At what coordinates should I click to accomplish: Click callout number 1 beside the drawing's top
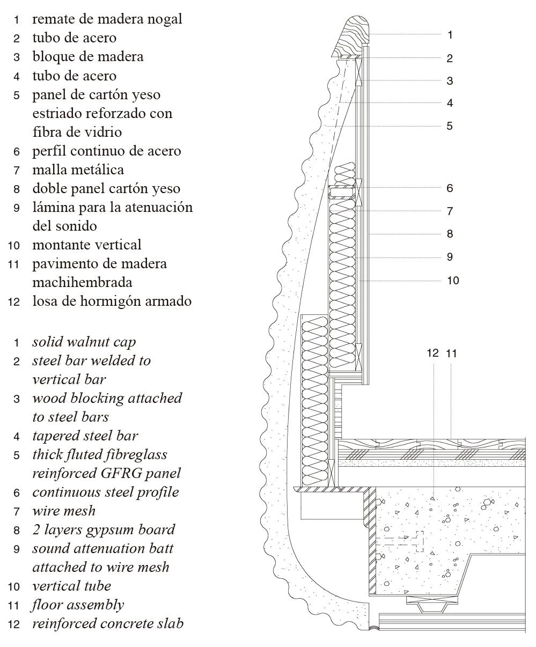pos(450,35)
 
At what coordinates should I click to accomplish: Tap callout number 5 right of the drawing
pos(450,126)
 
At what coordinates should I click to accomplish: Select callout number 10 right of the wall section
pos(453,280)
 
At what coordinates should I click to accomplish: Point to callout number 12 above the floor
pos(432,353)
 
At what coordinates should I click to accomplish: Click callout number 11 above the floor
pos(451,353)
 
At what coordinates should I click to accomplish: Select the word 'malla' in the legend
pos(49,170)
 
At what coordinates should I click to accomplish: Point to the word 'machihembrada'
pos(82,282)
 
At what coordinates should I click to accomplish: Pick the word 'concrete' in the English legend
pos(129,624)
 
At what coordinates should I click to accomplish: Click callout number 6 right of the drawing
pos(450,188)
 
